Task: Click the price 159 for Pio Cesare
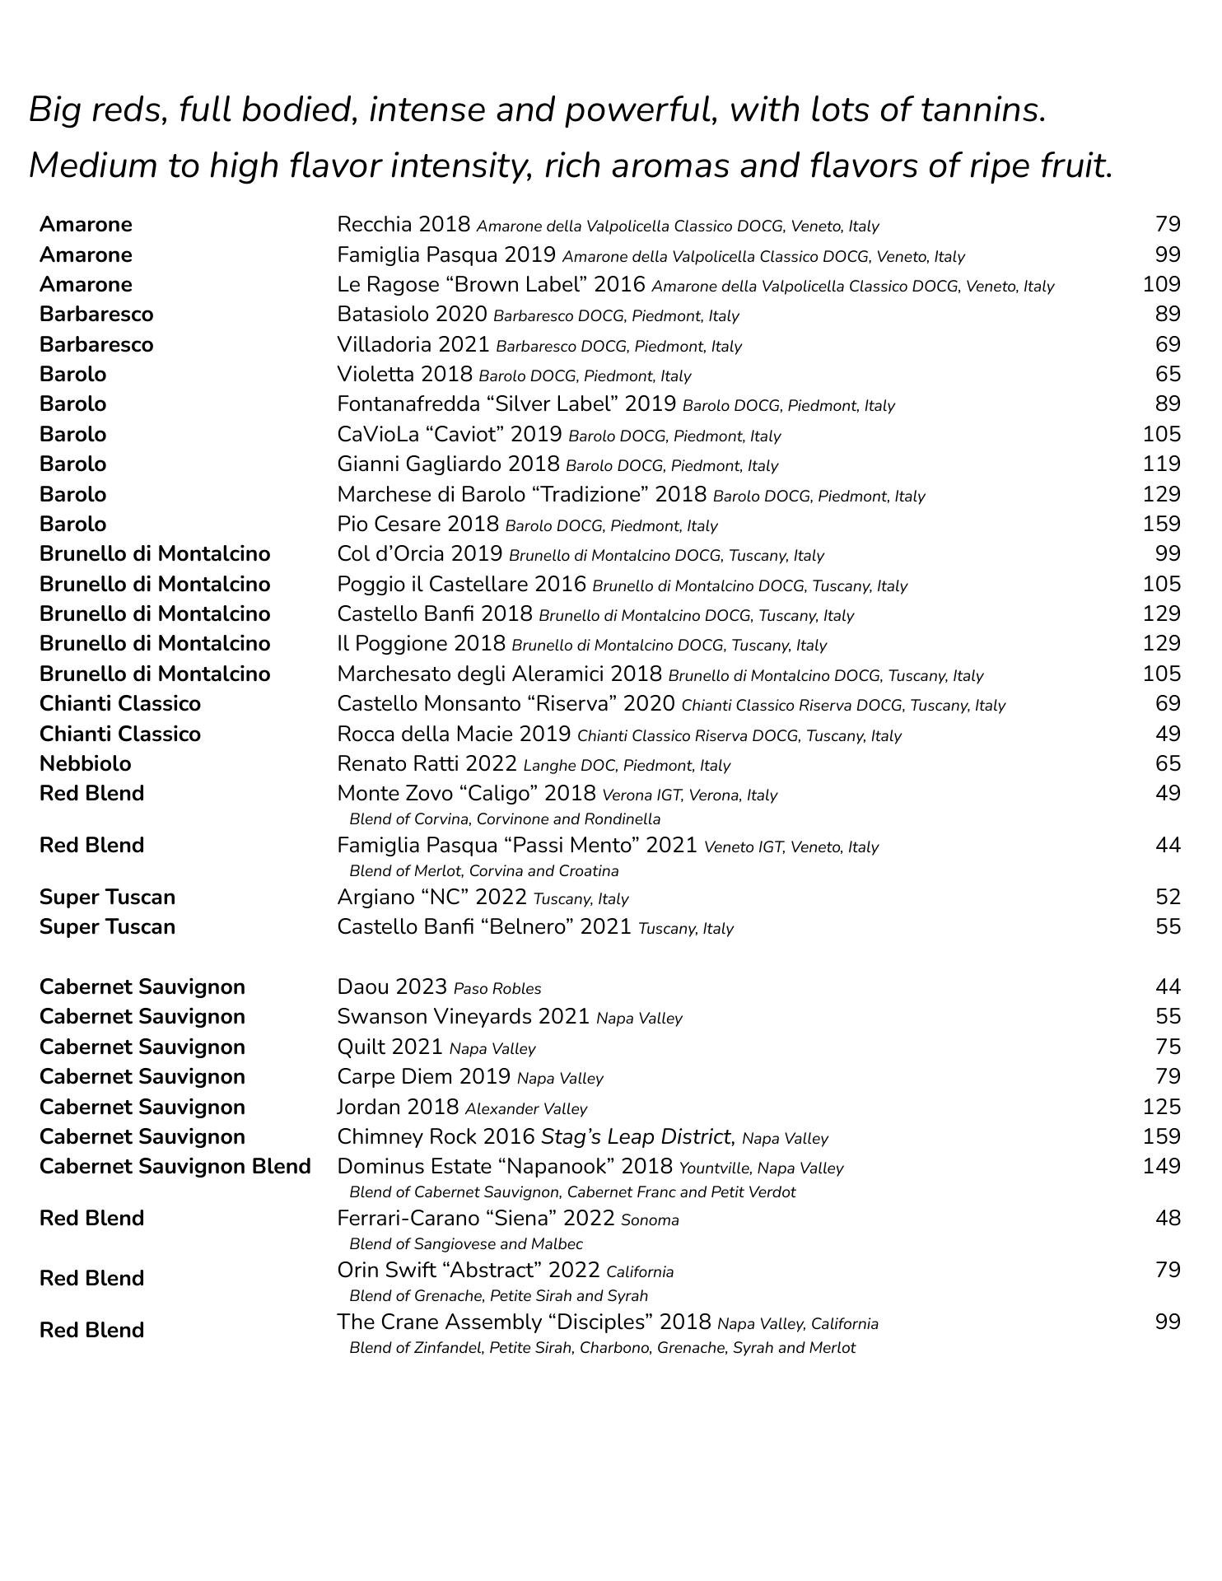click(1161, 524)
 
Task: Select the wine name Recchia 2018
click(403, 224)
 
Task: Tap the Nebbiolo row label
click(85, 763)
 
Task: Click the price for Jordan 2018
click(1161, 1107)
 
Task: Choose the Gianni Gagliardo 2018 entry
click(448, 464)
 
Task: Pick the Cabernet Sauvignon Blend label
click(175, 1166)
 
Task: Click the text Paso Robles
click(497, 988)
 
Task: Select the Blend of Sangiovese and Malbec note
click(465, 1243)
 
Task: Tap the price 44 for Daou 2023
click(1168, 986)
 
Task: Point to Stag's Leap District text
click(637, 1136)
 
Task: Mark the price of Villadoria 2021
click(1168, 344)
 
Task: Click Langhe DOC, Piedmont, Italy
click(627, 765)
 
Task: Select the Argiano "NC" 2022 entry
click(431, 897)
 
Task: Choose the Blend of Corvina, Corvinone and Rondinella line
click(504, 818)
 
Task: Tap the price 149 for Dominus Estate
click(1161, 1166)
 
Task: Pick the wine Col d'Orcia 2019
click(419, 554)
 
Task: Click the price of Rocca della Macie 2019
click(1168, 734)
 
